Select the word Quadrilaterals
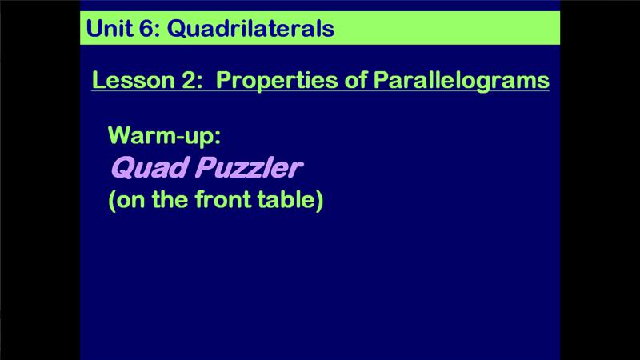click(251, 28)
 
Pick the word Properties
click(277, 80)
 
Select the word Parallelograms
click(462, 80)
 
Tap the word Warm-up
click(162, 135)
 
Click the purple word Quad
click(150, 167)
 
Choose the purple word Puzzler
click(249, 167)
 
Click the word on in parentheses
click(130, 201)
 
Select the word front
click(223, 199)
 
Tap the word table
click(286, 199)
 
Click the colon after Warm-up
click(218, 138)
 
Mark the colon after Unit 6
click(158, 30)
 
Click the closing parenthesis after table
click(319, 200)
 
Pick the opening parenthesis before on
click(112, 200)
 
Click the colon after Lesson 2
click(200, 82)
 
